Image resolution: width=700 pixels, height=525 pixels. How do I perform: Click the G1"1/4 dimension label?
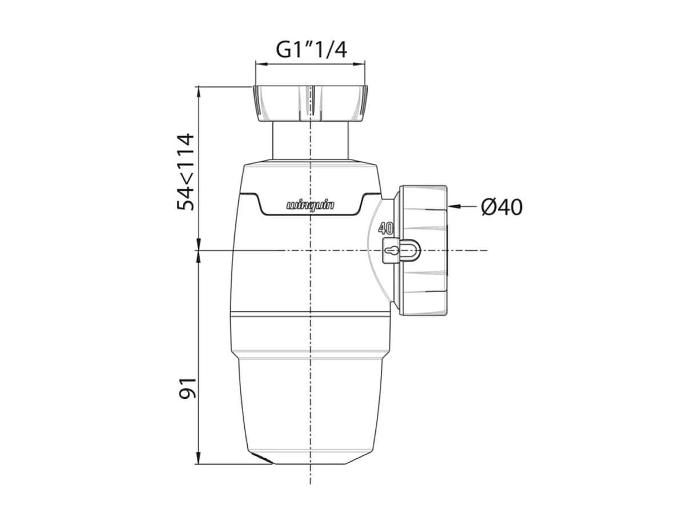[311, 50]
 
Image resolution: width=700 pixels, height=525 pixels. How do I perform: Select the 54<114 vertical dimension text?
[186, 172]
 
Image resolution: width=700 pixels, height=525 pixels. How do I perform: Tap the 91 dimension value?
[187, 388]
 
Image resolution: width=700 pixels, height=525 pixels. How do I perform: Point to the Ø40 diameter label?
[501, 207]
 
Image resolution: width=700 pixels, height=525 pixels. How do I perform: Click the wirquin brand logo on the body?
[310, 205]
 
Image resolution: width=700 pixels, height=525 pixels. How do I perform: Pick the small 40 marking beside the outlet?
[386, 229]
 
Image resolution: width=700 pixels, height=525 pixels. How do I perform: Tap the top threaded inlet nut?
[309, 103]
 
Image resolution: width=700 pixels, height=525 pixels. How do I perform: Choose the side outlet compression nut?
[423, 250]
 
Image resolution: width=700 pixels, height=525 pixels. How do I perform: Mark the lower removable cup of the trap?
[309, 406]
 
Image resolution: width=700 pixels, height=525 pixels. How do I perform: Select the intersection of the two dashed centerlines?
[310, 250]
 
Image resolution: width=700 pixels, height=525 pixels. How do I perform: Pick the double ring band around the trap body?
[310, 314]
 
